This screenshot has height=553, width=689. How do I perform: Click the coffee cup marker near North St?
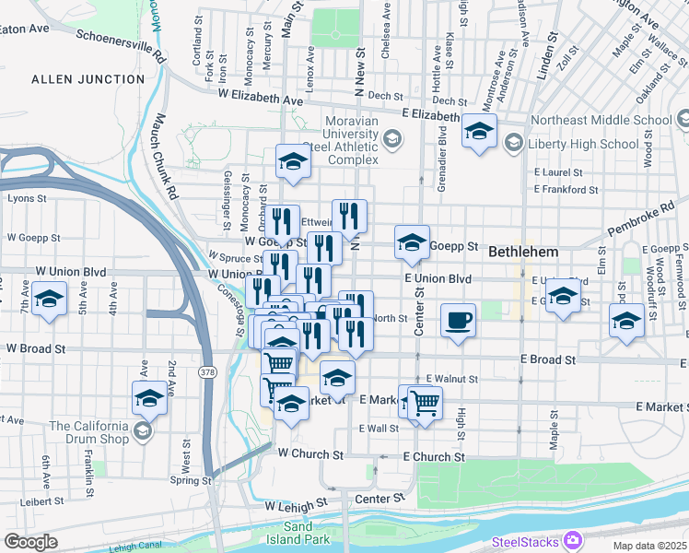coord(458,322)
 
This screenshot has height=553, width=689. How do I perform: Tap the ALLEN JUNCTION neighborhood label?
coord(88,79)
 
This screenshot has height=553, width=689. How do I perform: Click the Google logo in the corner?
coord(30,542)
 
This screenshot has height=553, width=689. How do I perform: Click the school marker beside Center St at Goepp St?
coord(412,243)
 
